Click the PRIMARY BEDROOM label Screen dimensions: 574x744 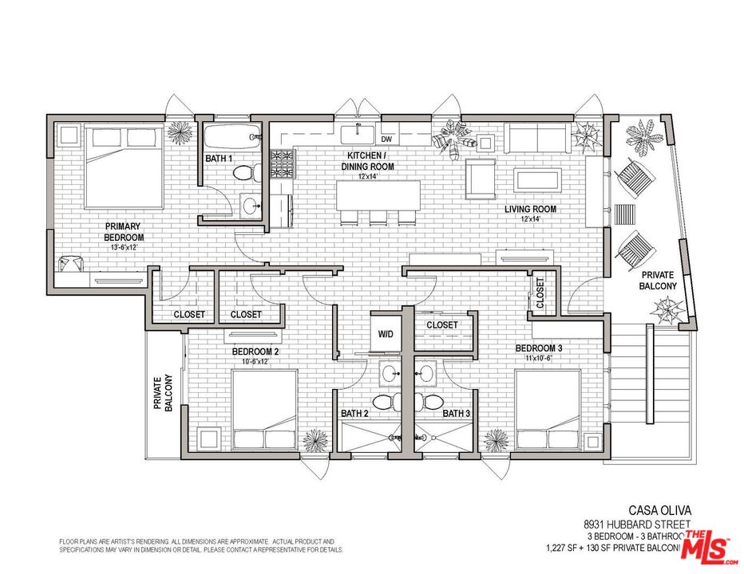point(124,231)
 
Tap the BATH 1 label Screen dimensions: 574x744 point(219,159)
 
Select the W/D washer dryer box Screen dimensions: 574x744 point(385,333)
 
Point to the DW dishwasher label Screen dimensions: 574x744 point(386,139)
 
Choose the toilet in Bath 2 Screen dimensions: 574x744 point(383,400)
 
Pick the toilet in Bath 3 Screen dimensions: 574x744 point(434,400)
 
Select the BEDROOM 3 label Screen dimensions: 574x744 point(538,348)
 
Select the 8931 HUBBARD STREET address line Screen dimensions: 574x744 point(635,525)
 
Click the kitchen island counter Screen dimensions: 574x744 point(378,195)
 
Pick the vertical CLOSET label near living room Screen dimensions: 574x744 point(540,293)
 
